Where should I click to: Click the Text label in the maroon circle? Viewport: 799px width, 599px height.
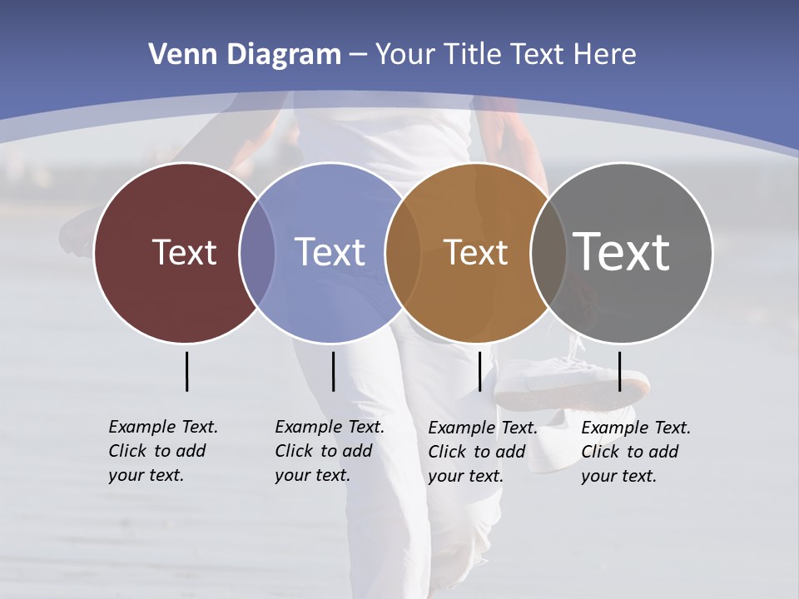click(184, 252)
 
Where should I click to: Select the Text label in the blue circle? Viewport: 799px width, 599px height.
click(330, 252)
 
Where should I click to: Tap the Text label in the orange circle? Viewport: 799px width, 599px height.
click(475, 253)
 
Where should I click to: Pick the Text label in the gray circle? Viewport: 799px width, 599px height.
click(622, 251)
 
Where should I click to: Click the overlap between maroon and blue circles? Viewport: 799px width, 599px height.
click(257, 253)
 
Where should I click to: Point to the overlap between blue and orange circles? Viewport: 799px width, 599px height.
click(403, 253)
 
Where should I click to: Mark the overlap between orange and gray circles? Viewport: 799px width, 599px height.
click(548, 253)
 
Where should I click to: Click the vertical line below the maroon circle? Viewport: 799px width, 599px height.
click(186, 371)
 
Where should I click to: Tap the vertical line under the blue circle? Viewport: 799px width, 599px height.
click(333, 371)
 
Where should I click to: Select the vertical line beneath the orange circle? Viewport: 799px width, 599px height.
click(479, 371)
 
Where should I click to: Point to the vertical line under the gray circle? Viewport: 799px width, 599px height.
click(619, 371)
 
